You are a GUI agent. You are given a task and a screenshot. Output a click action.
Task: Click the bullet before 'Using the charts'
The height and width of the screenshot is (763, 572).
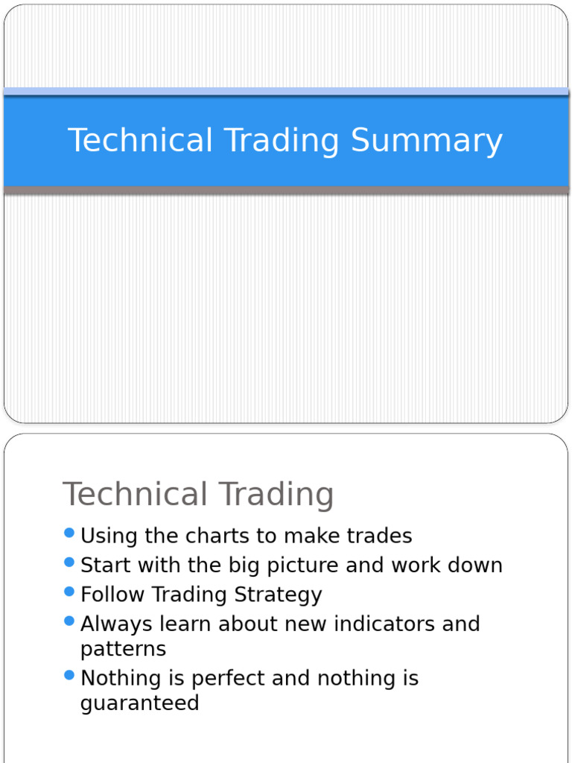click(70, 534)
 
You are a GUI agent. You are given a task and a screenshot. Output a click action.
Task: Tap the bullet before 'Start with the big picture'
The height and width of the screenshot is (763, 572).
click(70, 563)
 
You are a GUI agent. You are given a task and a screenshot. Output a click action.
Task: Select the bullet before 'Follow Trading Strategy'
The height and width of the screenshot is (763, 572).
click(70, 592)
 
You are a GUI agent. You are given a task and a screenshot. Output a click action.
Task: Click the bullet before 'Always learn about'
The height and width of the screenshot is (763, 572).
click(70, 621)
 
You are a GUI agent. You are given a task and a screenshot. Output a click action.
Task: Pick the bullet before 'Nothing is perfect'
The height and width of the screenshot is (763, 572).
click(70, 676)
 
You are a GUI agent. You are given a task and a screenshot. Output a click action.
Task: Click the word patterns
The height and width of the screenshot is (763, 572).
click(123, 649)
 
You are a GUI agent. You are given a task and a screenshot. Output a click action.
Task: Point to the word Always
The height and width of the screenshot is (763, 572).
click(115, 624)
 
